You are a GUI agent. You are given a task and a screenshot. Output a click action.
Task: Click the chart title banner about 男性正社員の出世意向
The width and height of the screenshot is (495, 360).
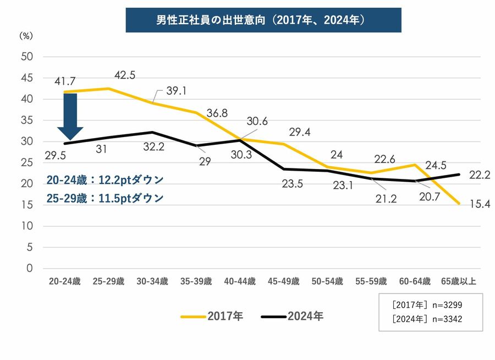[x=263, y=20]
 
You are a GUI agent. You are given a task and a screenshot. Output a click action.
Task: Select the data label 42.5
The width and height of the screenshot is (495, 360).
[x=125, y=75]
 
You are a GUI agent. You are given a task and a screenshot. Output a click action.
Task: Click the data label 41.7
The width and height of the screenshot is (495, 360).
[x=65, y=81]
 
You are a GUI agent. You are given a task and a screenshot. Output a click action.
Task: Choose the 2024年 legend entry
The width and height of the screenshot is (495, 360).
[x=292, y=317]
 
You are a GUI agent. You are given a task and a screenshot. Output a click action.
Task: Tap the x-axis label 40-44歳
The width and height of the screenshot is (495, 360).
[x=240, y=281]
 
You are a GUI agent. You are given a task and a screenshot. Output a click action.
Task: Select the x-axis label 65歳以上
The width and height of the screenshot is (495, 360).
[x=459, y=281]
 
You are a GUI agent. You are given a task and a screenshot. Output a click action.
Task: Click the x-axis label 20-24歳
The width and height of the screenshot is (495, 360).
[x=64, y=281]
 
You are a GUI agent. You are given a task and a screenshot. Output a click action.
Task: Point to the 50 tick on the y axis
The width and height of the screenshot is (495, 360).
[x=28, y=57]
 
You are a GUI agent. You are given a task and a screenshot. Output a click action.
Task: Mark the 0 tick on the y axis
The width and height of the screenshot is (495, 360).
[x=31, y=269]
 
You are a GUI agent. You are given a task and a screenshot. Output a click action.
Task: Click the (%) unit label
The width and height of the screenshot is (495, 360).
[x=26, y=36]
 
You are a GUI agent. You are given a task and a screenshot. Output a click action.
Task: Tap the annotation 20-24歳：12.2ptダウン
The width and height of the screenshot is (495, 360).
[x=105, y=180]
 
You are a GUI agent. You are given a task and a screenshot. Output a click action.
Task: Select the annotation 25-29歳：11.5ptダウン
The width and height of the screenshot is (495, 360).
[x=105, y=198]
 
